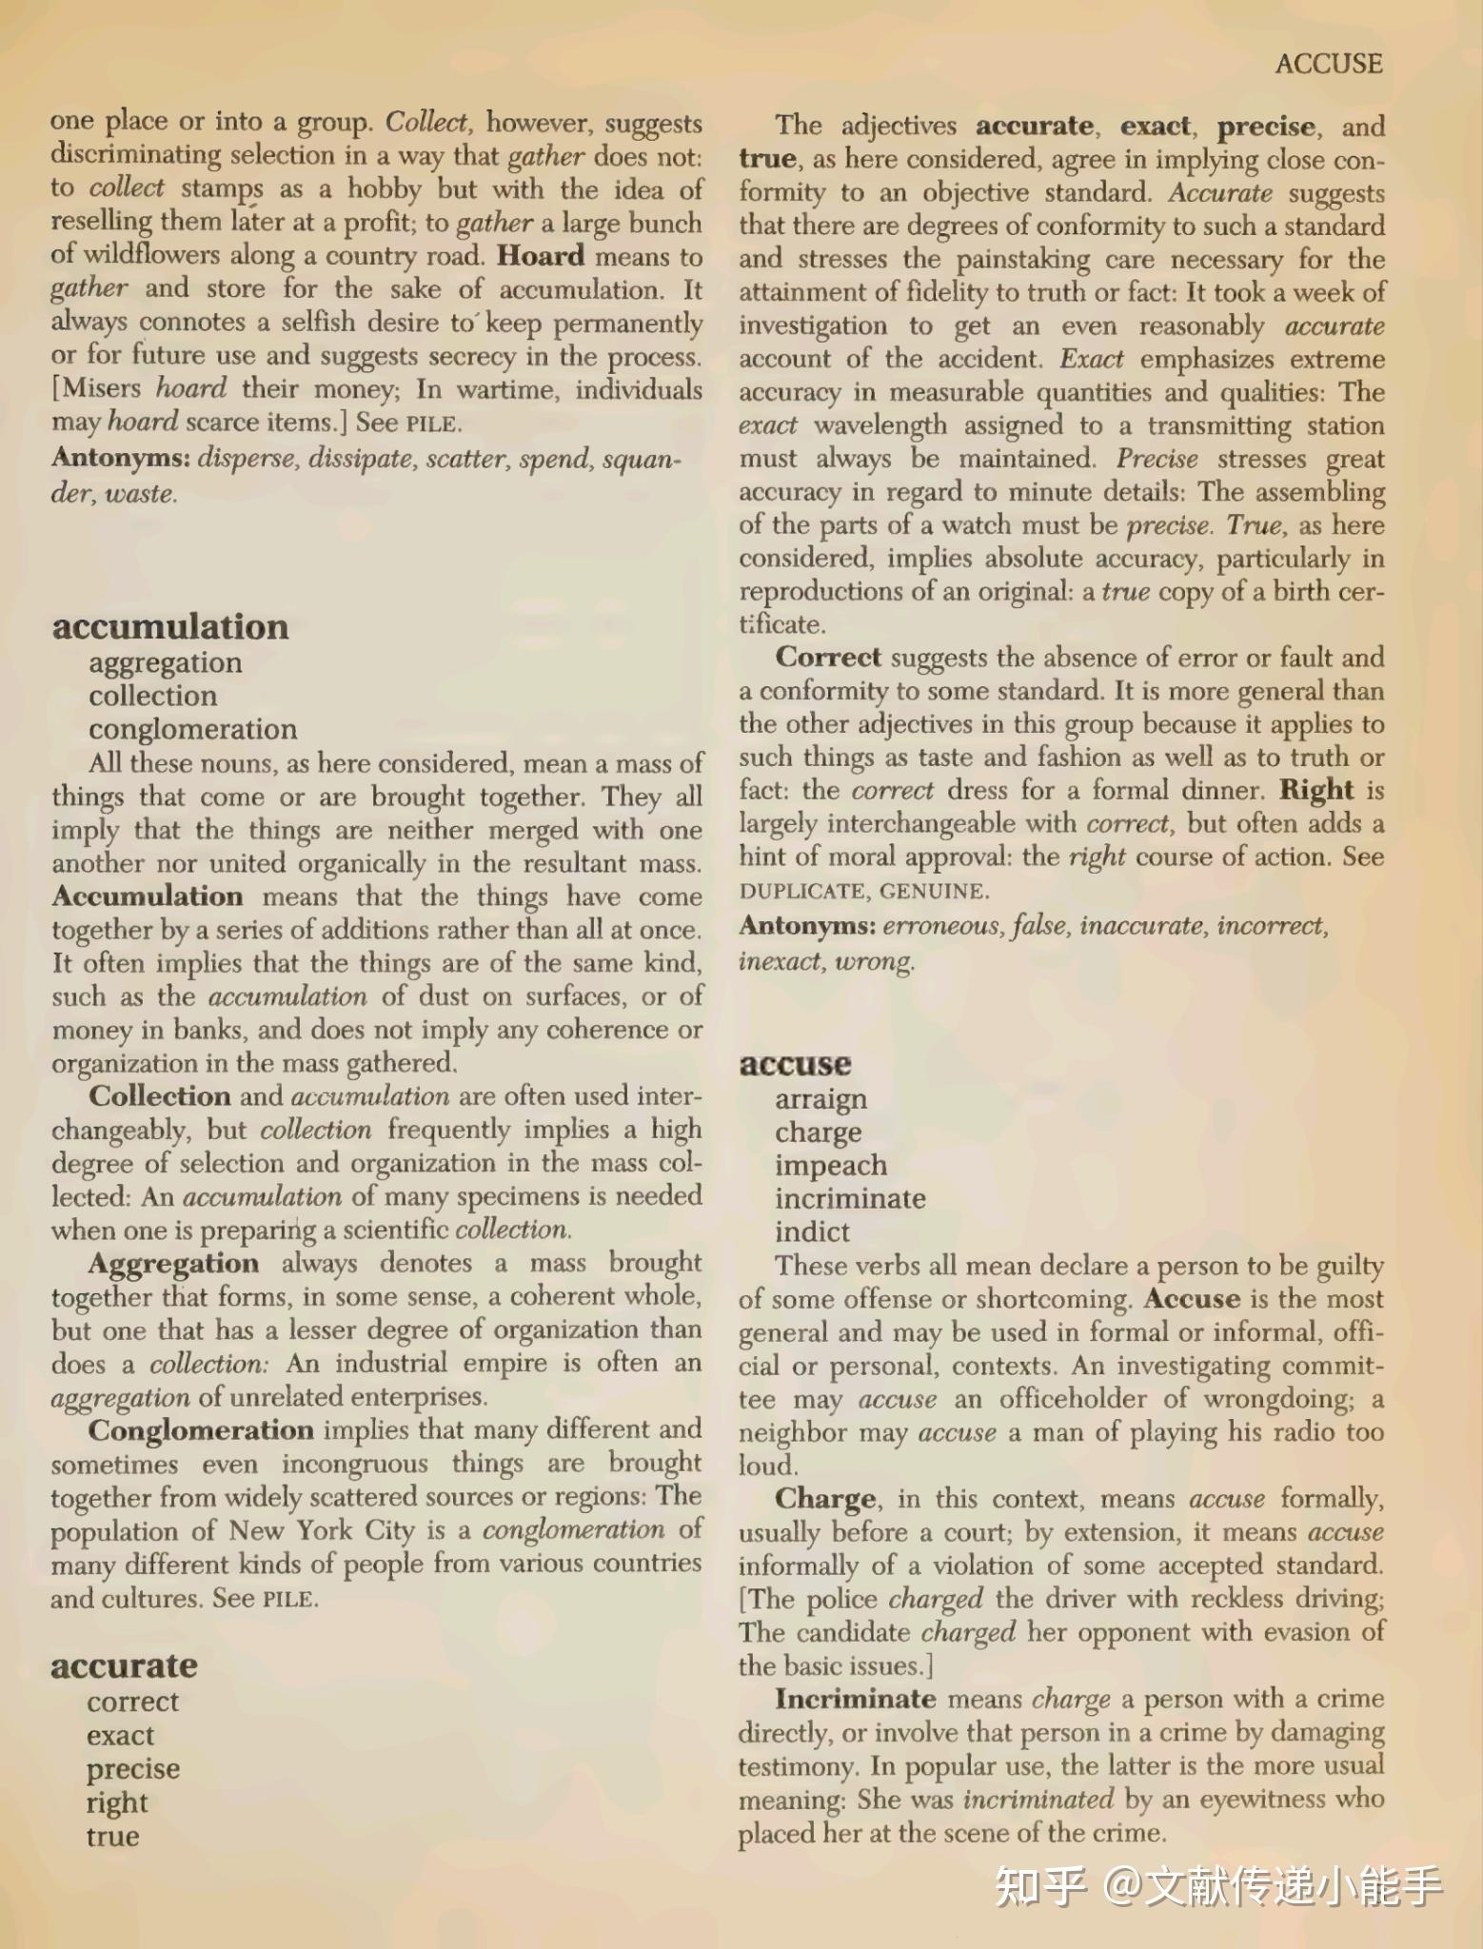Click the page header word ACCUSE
click(1328, 64)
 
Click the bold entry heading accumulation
click(170, 626)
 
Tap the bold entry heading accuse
click(795, 1063)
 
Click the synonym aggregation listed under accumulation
click(166, 662)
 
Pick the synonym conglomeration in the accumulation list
click(193, 729)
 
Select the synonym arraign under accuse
click(821, 1098)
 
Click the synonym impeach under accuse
click(831, 1165)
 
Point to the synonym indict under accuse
click(812, 1231)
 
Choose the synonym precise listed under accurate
click(133, 1768)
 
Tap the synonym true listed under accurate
click(112, 1835)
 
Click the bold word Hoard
click(541, 256)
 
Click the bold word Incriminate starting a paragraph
click(856, 1699)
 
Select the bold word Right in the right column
click(1316, 790)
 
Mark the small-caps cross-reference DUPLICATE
click(801, 892)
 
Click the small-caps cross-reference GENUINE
click(934, 892)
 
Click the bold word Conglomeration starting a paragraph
click(201, 1430)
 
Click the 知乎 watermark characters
click(1038, 1886)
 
